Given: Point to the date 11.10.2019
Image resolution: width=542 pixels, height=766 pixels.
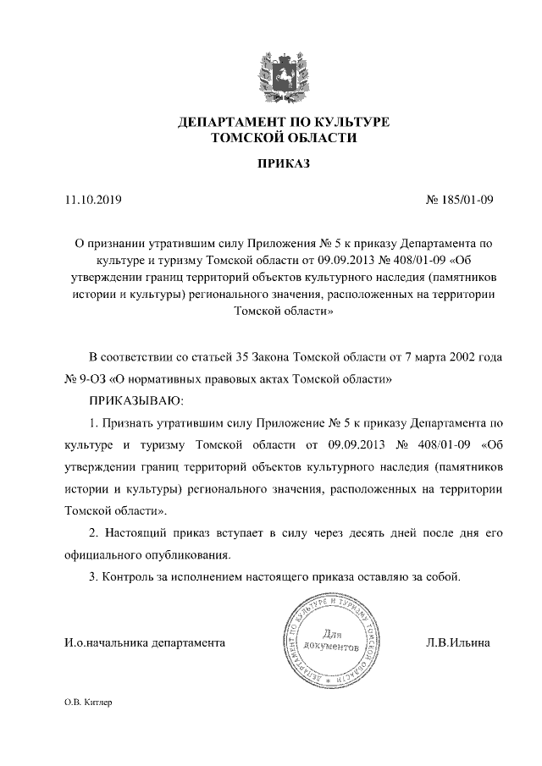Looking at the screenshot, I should point(93,201).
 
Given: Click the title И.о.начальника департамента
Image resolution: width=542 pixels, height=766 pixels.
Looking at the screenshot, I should point(145,642).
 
